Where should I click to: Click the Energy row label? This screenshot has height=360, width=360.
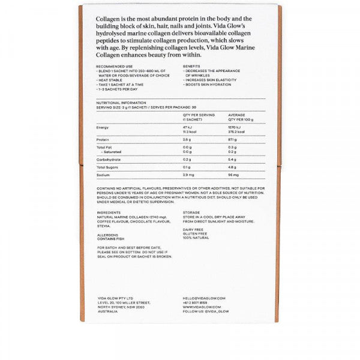click(x=103, y=128)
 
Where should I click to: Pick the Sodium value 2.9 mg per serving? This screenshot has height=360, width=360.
click(x=188, y=174)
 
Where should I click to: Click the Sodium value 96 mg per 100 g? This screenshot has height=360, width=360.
click(x=233, y=174)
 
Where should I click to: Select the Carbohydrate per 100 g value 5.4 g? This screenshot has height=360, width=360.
click(x=233, y=160)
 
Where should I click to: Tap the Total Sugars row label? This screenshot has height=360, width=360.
click(x=107, y=167)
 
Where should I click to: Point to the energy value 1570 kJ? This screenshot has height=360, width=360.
click(x=235, y=128)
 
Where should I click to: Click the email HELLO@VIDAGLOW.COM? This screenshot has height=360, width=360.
click(x=204, y=298)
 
